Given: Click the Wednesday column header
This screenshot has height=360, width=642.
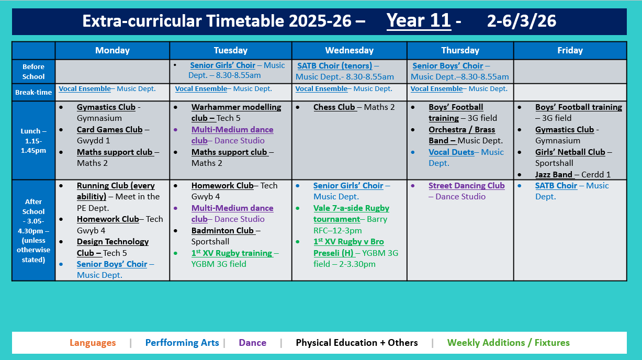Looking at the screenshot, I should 349,50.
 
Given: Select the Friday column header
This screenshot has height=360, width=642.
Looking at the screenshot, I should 570,50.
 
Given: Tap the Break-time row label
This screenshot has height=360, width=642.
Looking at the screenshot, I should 33,92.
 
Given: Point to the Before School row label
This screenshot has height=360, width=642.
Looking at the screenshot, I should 33,72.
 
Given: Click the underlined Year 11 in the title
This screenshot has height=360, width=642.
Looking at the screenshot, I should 418,21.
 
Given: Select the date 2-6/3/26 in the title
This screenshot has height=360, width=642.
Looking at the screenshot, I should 521,21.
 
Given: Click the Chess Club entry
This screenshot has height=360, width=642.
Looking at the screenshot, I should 334,107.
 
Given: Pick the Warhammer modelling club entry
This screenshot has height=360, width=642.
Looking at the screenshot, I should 236,113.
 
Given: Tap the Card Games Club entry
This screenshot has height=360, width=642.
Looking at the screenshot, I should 109,130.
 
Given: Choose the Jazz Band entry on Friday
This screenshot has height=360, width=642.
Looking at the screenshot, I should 554,175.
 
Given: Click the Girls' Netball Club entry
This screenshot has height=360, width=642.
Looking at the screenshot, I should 570,152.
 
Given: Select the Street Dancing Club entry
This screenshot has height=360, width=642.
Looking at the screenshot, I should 466,186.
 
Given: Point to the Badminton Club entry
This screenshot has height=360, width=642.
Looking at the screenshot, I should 222,231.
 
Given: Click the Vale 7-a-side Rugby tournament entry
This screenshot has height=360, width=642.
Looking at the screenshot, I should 351,213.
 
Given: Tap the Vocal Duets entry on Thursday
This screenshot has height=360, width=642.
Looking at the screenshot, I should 451,152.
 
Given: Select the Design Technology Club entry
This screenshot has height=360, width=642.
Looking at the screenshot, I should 112,247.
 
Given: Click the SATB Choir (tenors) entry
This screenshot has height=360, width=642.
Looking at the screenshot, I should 335,66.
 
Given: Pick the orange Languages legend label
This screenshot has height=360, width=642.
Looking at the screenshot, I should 93,343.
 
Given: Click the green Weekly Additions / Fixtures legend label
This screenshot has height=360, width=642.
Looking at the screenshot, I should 508,343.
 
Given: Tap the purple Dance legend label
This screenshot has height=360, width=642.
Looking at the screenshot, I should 252,343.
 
